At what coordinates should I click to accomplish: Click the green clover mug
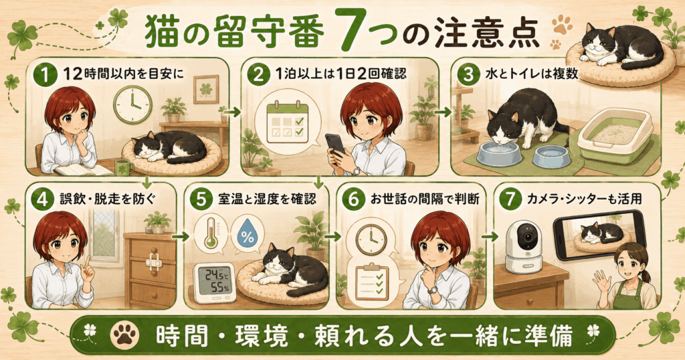coord(124,167)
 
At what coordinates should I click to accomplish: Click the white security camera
coord(524,247)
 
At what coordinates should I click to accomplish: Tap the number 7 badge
coord(510,199)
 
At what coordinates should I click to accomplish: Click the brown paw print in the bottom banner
coord(125,335)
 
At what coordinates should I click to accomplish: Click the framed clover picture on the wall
coord(206,89)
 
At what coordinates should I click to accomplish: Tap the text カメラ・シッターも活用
coord(584,199)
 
